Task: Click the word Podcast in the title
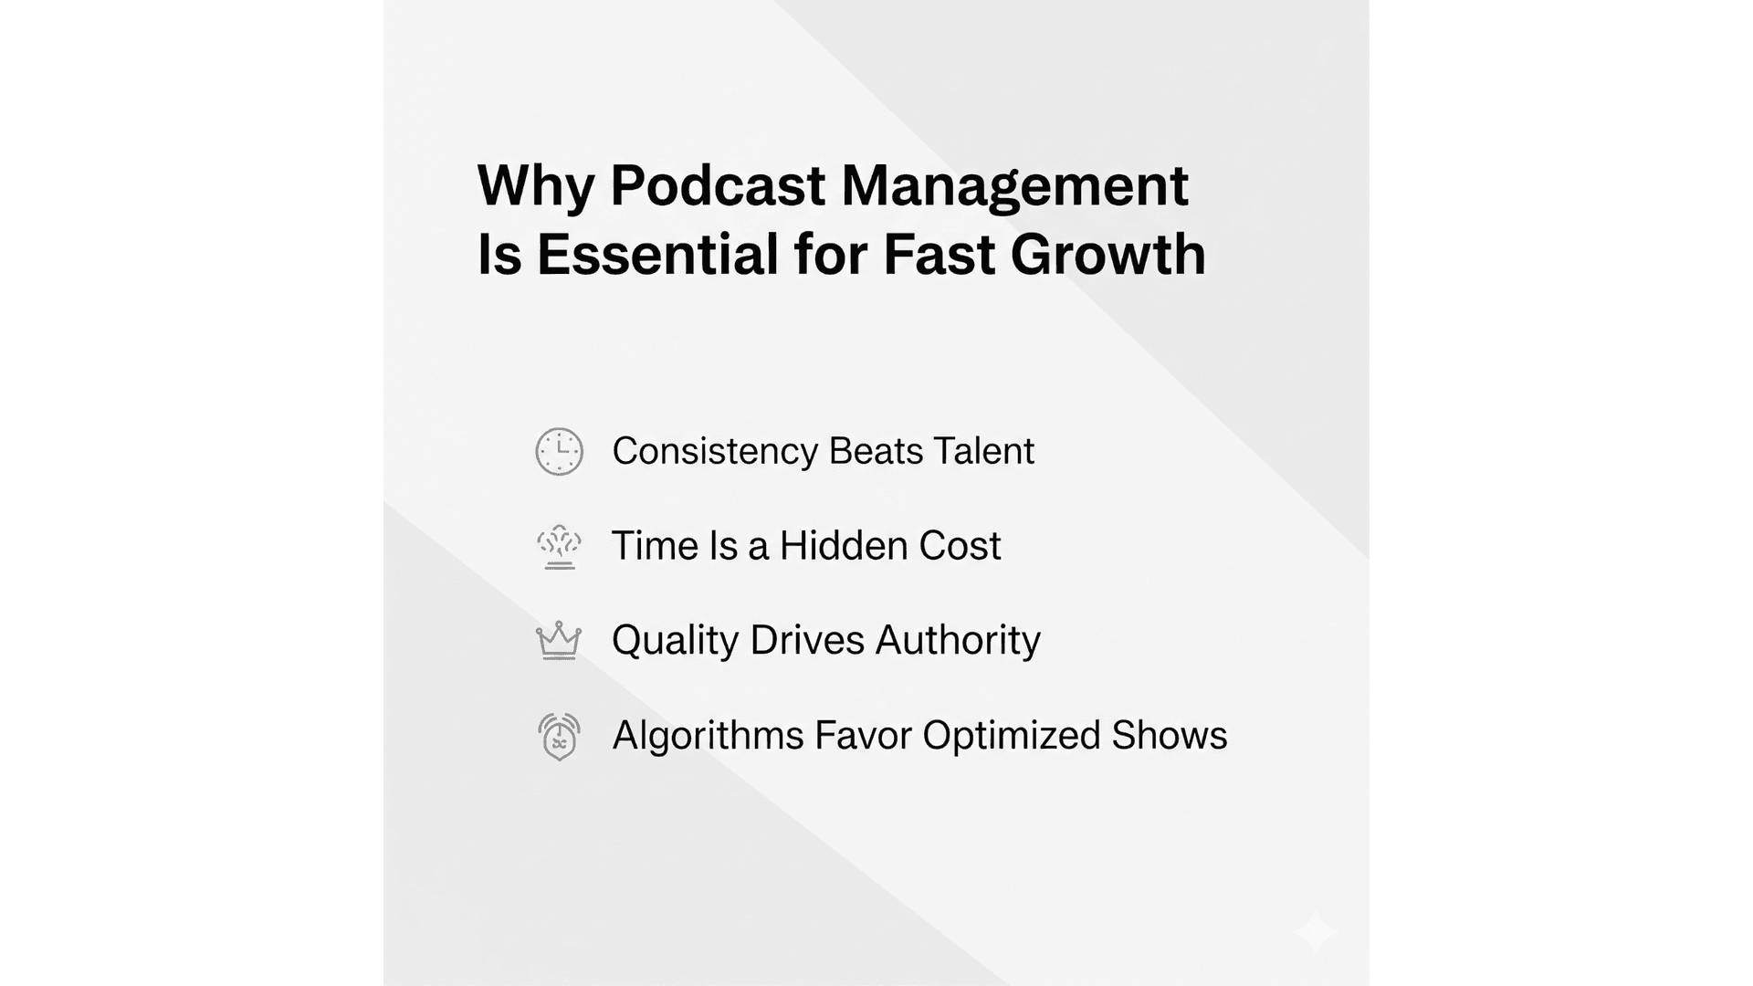pyautogui.click(x=718, y=185)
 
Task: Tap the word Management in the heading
pyautogui.click(x=1014, y=187)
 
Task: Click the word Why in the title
pyautogui.click(x=535, y=187)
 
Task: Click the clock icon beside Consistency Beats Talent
pyautogui.click(x=559, y=451)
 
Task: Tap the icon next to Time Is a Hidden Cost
pyautogui.click(x=559, y=547)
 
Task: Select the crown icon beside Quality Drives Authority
pyautogui.click(x=559, y=641)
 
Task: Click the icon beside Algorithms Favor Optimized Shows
pyautogui.click(x=559, y=736)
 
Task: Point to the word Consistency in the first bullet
pyautogui.click(x=715, y=452)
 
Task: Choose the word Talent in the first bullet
pyautogui.click(x=983, y=451)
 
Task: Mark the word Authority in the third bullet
pyautogui.click(x=958, y=641)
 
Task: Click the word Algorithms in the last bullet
pyautogui.click(x=708, y=735)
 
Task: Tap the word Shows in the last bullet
pyautogui.click(x=1169, y=735)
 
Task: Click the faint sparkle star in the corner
pyautogui.click(x=1315, y=932)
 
